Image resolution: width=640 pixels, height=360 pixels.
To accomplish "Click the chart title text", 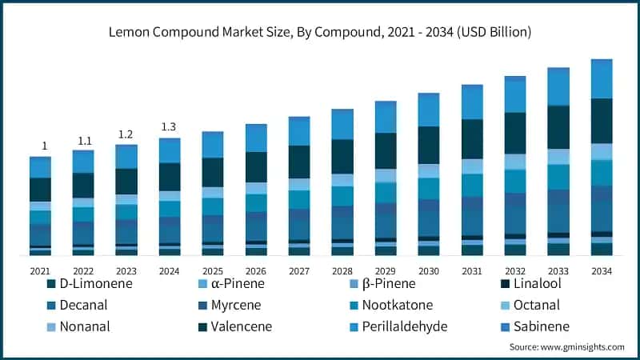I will pos(320,32).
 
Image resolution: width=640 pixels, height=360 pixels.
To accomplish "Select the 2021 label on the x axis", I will pos(40,271).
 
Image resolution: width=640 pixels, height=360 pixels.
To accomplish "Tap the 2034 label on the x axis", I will pos(601,271).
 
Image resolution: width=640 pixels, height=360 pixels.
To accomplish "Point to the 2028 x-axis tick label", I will pos(342,271).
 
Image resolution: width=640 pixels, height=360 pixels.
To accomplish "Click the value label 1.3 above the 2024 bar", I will pos(169,126).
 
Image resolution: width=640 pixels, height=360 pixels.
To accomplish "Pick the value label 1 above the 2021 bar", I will pos(45,146).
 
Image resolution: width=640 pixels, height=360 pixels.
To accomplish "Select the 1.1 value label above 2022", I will pos(84,141).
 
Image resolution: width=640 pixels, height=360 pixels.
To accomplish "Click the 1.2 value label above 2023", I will pos(126,134).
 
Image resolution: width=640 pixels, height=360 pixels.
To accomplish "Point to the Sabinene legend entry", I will pos(547,326).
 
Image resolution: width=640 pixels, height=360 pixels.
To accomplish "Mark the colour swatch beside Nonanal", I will pos(52,326).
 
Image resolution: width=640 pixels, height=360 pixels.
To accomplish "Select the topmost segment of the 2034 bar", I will pos(601,78).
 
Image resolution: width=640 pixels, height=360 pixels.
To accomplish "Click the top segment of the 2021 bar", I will pos(40,166).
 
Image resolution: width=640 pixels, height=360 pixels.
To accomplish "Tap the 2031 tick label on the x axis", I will pos(472,271).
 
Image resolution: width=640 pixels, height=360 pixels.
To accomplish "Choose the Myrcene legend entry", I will pos(240,305).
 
